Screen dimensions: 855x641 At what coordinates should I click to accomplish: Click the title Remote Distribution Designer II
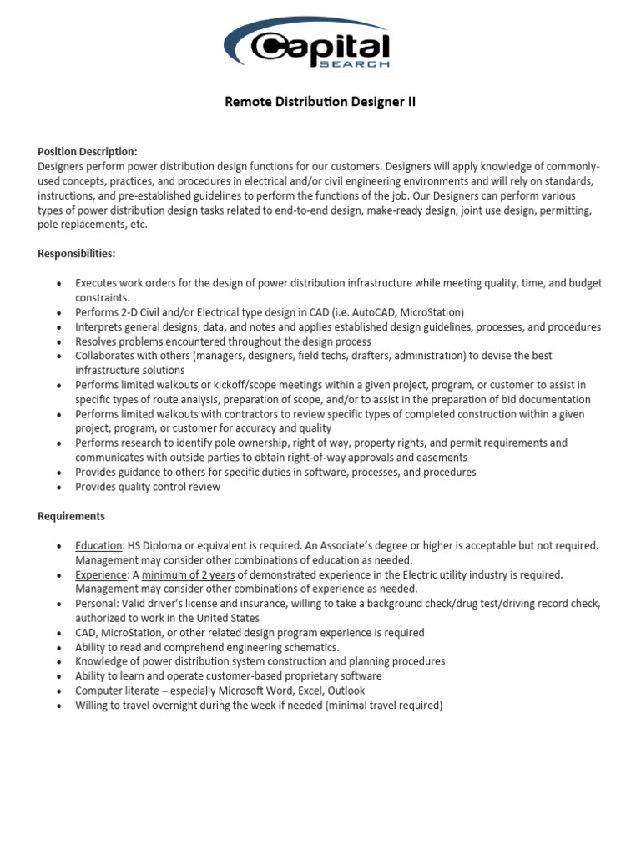point(320,103)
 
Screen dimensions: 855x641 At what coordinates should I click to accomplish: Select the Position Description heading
point(88,151)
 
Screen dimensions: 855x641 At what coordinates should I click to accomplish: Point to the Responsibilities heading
point(77,253)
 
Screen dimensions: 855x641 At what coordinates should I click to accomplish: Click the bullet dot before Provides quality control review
point(58,488)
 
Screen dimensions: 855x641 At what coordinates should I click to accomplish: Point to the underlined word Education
point(98,545)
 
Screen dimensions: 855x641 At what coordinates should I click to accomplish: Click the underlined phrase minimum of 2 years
point(188,574)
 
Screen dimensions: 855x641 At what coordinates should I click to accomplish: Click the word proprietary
point(298,676)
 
